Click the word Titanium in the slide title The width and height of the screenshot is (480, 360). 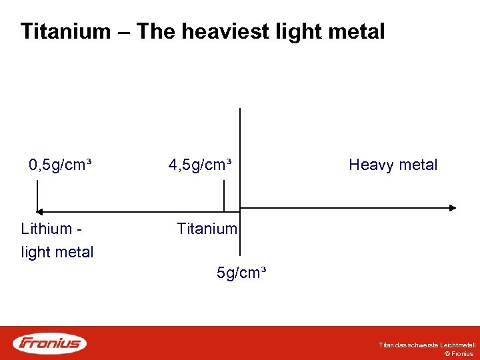(65, 31)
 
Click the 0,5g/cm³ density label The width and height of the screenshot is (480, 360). (60, 165)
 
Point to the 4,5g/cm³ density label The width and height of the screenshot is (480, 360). (200, 165)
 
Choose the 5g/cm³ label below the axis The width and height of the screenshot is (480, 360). (242, 273)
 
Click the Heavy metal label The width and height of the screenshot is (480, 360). (393, 165)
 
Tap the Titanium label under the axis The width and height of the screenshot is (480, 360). (207, 229)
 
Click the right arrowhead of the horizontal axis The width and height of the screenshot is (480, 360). (453, 208)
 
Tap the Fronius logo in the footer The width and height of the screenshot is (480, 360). (51, 343)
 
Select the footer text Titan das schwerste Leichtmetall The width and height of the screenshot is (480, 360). (427, 345)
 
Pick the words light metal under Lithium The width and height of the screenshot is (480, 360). (57, 252)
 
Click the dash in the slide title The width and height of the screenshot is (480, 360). (124, 32)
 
